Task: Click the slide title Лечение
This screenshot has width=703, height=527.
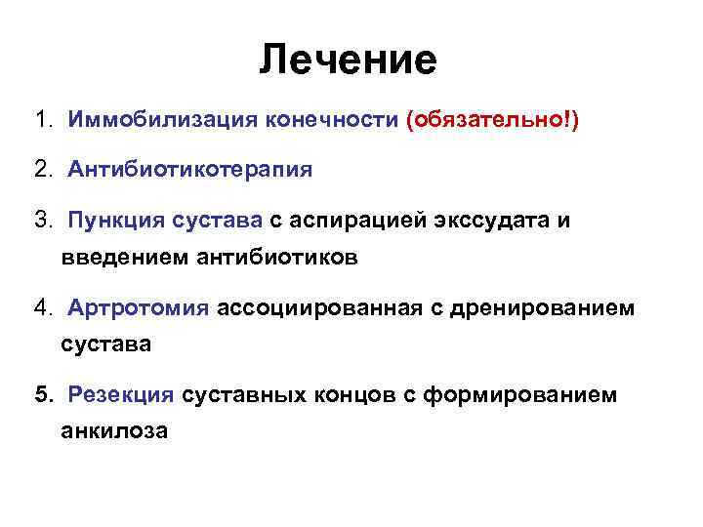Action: (x=349, y=61)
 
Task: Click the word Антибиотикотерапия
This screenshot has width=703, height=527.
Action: (x=190, y=170)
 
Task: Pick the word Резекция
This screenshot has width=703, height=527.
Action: (x=121, y=394)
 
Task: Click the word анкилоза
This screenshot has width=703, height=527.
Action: (x=114, y=432)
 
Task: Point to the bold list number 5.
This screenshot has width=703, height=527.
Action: (x=42, y=394)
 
